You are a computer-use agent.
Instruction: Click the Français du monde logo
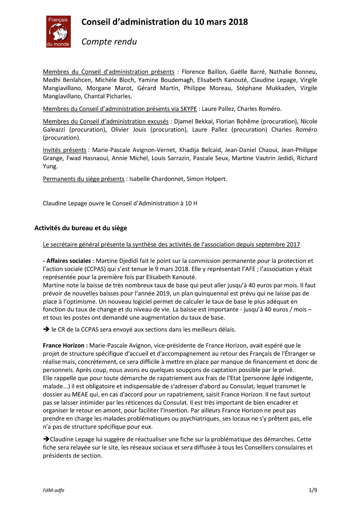59,32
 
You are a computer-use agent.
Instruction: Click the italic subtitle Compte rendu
109,41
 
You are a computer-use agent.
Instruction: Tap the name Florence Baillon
203,72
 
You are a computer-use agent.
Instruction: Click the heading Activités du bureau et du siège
81,228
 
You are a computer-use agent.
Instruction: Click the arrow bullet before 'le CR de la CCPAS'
46,329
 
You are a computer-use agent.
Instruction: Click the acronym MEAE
81,394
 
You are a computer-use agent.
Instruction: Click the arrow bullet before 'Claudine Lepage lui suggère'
46,439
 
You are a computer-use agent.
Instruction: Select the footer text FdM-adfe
53,490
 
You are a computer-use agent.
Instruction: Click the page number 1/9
313,490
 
